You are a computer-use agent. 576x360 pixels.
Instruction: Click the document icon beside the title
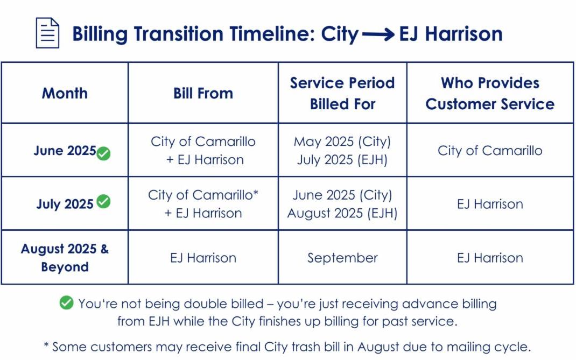(47, 33)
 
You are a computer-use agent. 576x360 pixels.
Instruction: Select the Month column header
(65, 93)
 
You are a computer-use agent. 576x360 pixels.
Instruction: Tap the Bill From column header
(203, 93)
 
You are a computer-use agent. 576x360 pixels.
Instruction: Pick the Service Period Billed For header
(342, 93)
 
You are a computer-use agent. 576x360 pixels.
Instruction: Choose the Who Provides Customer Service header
(490, 93)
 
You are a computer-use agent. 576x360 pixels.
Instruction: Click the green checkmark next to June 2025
(104, 153)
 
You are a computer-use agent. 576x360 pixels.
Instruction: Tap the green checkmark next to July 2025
(103, 202)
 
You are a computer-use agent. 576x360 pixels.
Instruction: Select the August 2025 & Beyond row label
(65, 258)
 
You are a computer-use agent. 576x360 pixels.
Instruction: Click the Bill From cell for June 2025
(203, 151)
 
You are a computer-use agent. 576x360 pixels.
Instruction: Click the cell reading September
(342, 258)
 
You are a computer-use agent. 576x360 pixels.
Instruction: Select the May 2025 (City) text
(342, 142)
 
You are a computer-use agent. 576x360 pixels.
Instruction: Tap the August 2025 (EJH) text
(342, 213)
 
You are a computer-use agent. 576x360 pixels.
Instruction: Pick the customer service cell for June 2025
(490, 151)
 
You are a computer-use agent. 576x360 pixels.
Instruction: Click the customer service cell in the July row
(490, 204)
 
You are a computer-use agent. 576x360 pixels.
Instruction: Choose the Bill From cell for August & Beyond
(203, 258)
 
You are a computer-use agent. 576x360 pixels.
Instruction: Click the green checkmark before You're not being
(66, 303)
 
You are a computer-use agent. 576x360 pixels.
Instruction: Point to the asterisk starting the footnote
(46, 345)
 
